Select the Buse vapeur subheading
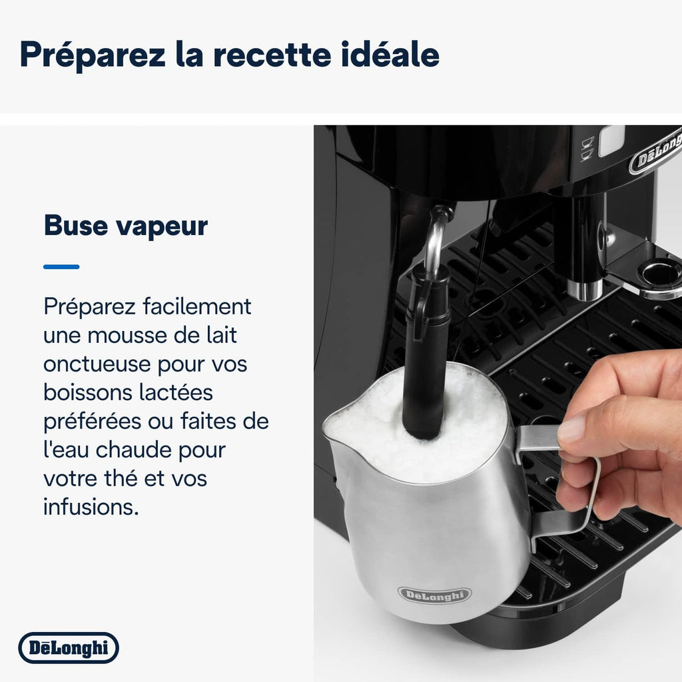(126, 226)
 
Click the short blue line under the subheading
(61, 266)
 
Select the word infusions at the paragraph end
(91, 508)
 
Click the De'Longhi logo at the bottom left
(69, 648)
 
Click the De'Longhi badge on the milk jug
(434, 595)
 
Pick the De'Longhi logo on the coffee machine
(656, 157)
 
